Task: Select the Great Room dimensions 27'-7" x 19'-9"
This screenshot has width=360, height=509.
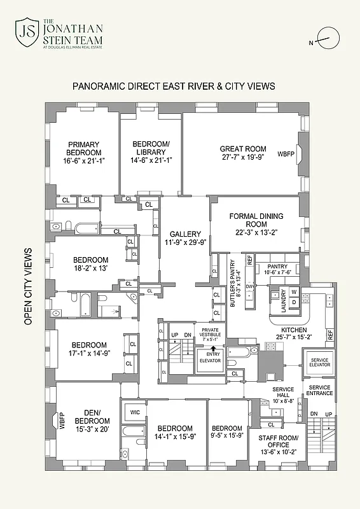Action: click(243, 157)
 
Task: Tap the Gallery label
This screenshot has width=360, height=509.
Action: click(185, 234)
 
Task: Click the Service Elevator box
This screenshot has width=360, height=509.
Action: click(319, 361)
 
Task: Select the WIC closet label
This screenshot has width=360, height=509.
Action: click(134, 412)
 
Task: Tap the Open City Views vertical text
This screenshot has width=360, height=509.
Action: click(28, 286)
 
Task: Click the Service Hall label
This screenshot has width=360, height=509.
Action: click(282, 393)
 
